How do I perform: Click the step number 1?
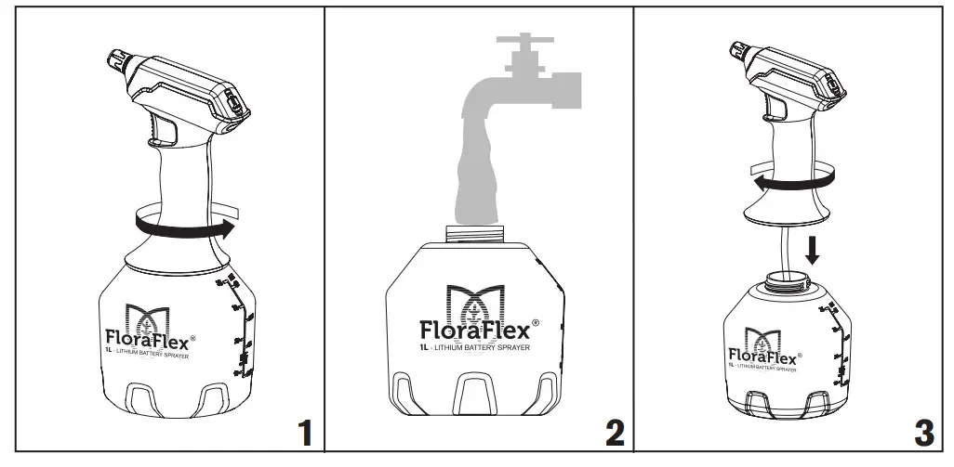[x=303, y=433]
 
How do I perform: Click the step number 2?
[x=615, y=433]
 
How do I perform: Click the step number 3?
[x=923, y=433]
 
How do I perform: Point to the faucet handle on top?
[x=524, y=41]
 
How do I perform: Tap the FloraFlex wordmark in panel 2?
[x=474, y=330]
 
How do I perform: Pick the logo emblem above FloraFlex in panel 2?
[x=475, y=299]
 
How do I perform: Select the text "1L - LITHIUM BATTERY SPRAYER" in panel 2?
[x=474, y=349]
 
